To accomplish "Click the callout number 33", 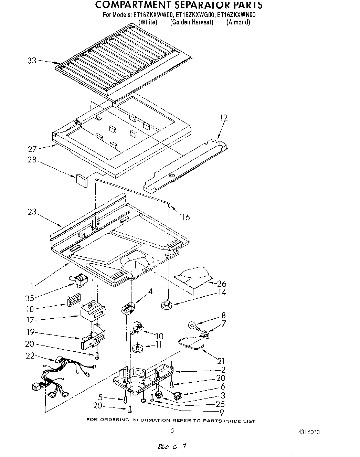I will [x=32, y=61].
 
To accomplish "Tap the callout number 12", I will [x=224, y=118].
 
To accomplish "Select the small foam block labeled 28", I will [x=82, y=180].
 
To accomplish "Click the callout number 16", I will [x=186, y=217].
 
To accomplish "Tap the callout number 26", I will [x=222, y=284].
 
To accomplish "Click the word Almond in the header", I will [x=238, y=22].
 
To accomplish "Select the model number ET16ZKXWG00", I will [x=195, y=15].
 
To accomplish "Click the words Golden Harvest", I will [x=192, y=22].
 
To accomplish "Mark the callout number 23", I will [x=32, y=212].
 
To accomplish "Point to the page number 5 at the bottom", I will [x=173, y=430].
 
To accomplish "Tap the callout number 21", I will [x=221, y=361].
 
